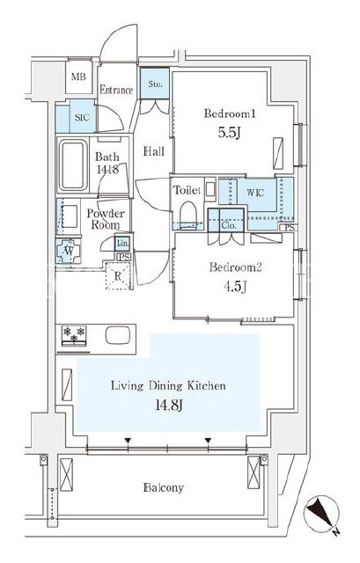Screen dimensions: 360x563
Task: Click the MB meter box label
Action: (x=78, y=77)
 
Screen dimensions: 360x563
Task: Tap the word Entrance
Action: (x=116, y=90)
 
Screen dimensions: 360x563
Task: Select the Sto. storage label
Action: (x=155, y=84)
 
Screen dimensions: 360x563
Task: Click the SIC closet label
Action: (x=82, y=117)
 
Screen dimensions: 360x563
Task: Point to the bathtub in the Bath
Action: (x=73, y=165)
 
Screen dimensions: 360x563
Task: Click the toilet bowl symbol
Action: (x=188, y=213)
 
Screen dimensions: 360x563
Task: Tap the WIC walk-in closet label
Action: (x=255, y=193)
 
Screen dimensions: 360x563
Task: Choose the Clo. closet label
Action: (x=229, y=225)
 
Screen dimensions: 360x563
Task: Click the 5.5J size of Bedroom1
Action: (x=229, y=133)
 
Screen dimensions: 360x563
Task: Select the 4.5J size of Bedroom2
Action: (x=235, y=287)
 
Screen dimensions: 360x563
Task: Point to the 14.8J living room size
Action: (x=169, y=405)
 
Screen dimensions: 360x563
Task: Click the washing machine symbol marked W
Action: (x=69, y=251)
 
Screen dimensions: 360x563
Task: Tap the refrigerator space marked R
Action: (x=117, y=276)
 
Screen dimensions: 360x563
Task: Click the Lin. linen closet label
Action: (x=122, y=244)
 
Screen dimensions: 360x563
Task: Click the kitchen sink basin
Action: (x=117, y=335)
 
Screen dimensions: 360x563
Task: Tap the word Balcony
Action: (x=164, y=487)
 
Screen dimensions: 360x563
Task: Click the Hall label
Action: (x=154, y=151)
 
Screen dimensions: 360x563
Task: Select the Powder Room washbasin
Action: (x=70, y=216)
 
